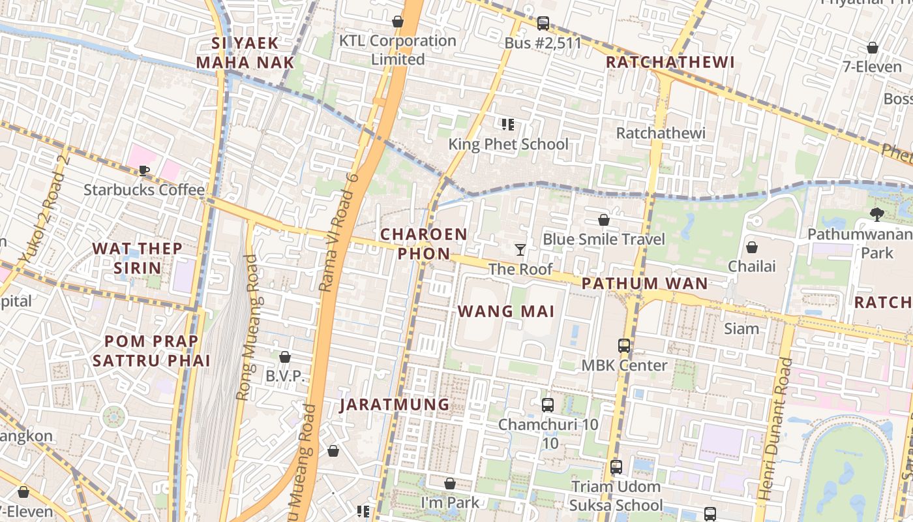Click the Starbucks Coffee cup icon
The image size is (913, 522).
click(x=144, y=171)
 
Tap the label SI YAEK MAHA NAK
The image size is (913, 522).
click(x=245, y=53)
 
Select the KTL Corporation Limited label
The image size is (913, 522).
click(x=398, y=50)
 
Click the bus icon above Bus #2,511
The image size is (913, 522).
click(x=543, y=23)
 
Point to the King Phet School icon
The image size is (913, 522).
click(x=508, y=125)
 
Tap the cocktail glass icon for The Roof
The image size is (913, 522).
click(x=520, y=250)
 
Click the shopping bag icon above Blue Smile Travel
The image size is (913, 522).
click(x=604, y=220)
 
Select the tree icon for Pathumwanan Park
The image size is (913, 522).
click(x=877, y=214)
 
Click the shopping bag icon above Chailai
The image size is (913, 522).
click(x=752, y=247)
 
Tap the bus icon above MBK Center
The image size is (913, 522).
click(x=624, y=346)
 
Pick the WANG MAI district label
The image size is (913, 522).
click(x=506, y=311)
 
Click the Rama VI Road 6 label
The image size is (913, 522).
click(x=340, y=232)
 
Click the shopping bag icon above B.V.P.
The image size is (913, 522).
click(x=285, y=357)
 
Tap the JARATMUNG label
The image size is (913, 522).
click(x=395, y=405)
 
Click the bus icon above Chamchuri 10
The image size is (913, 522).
click(x=548, y=405)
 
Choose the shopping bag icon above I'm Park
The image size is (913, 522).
click(x=450, y=484)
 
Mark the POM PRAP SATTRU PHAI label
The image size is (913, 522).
click(x=151, y=350)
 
